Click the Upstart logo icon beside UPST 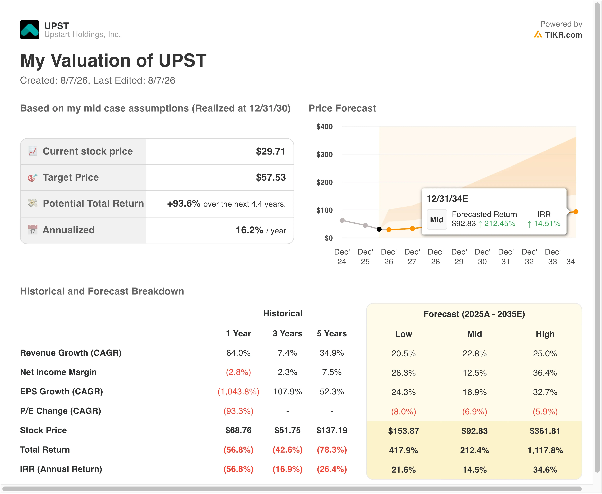tap(30, 30)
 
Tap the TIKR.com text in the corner tap(563, 35)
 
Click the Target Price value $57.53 tap(271, 177)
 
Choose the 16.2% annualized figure tap(249, 230)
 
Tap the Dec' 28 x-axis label tap(435, 257)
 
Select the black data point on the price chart tap(379, 229)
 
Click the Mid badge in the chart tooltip tap(437, 219)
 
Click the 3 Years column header tap(287, 334)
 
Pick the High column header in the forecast tap(545, 334)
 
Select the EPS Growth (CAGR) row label tap(61, 392)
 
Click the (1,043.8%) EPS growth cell tap(238, 392)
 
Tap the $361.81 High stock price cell tap(545, 431)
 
